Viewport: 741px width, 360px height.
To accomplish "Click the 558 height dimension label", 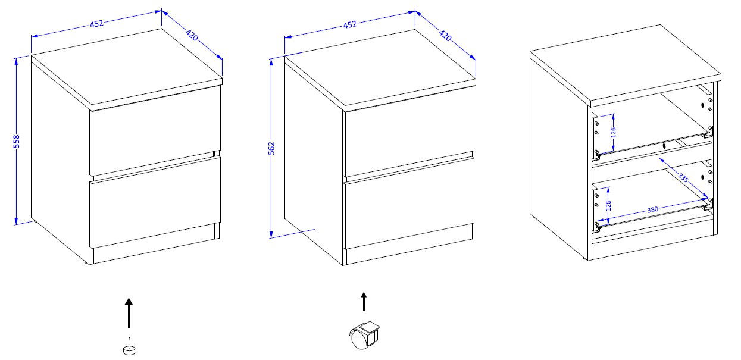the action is [x=17, y=141].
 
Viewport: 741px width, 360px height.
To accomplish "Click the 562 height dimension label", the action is [x=271, y=148].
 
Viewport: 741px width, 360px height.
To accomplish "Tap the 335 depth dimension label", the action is [x=683, y=178].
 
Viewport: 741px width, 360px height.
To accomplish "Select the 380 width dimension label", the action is [x=652, y=209].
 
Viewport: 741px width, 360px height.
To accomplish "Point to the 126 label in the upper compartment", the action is [x=613, y=132].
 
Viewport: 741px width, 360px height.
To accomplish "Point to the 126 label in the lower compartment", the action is [x=608, y=205].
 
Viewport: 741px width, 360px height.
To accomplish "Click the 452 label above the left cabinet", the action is [x=96, y=23].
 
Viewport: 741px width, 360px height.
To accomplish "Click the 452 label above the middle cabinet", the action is [x=349, y=24].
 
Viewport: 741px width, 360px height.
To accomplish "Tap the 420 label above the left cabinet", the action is [x=192, y=35].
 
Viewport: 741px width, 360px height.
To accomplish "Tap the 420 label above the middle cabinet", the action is [x=445, y=35].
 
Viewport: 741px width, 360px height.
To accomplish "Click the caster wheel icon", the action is [x=364, y=335].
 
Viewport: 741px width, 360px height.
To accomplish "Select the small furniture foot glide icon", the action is [x=129, y=347].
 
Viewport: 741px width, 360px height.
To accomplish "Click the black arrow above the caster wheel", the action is [x=364, y=302].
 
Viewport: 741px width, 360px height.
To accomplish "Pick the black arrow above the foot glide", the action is [x=129, y=313].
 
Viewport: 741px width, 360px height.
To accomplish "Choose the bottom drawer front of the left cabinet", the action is [x=156, y=202].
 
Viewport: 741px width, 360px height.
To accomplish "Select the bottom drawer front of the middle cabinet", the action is [x=409, y=203].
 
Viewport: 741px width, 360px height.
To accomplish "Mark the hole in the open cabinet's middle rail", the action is [x=664, y=146].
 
